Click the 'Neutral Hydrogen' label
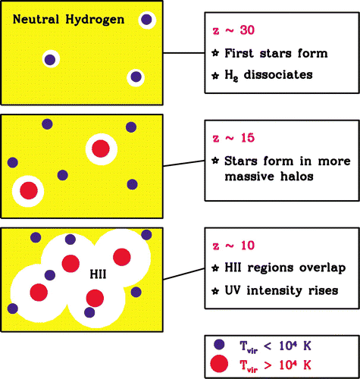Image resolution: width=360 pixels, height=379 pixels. click(68, 20)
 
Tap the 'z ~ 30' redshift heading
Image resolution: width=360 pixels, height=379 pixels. click(233, 30)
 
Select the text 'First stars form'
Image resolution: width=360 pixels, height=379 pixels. click(276, 53)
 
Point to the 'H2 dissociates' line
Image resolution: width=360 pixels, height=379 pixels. click(268, 75)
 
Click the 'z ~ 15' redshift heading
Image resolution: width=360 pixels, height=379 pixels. click(233, 138)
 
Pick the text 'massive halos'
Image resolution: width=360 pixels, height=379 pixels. click(269, 176)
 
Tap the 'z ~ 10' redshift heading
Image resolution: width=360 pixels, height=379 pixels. click(233, 246)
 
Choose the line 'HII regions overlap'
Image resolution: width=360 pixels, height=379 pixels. click(285, 268)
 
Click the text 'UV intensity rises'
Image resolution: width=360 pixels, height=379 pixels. click(281, 290)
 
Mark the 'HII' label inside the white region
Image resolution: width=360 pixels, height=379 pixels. click(98, 274)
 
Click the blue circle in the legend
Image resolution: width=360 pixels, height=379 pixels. click(219, 345)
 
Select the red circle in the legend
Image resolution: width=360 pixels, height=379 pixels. click(219, 364)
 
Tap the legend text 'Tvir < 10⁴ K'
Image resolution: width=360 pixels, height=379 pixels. click(275, 346)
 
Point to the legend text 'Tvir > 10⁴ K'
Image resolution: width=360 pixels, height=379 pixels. click(275, 365)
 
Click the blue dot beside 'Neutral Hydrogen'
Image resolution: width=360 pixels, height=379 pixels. click(146, 20)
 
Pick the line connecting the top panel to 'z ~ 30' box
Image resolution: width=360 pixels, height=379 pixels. click(183, 53)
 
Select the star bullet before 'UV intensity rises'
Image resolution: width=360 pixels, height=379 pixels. click(215, 291)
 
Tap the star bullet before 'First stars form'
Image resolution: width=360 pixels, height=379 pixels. click(215, 53)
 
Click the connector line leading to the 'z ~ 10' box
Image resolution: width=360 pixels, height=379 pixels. click(183, 274)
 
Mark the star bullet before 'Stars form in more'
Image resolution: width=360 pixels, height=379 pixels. click(215, 161)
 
